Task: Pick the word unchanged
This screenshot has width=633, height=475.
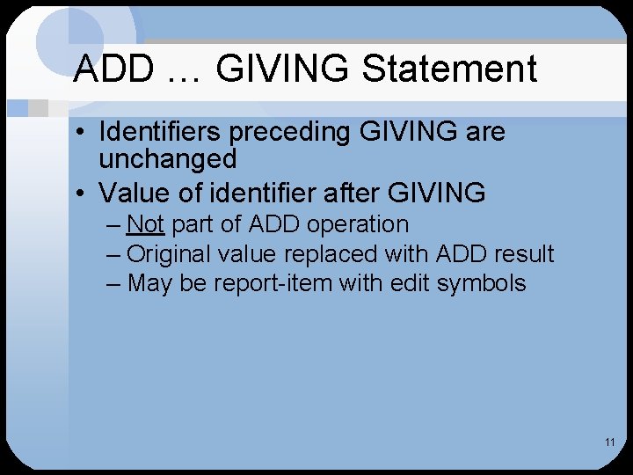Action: point(168,159)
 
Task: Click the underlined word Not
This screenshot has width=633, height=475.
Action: point(146,224)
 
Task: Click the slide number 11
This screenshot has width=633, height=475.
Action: point(609,442)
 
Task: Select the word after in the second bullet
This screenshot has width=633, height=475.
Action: point(355,192)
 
